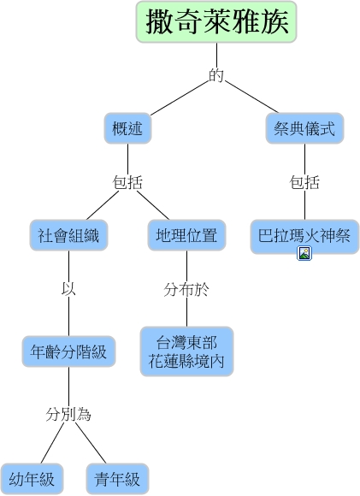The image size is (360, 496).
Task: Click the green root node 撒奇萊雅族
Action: coord(216,22)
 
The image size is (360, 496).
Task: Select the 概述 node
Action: coord(127,128)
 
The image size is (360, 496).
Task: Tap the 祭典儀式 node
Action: coord(304,128)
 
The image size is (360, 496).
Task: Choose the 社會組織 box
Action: coord(69,235)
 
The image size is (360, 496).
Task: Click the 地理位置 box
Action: coord(186,235)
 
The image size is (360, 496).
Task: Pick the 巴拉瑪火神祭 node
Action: coord(304,236)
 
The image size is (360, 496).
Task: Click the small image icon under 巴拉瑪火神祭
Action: coord(304,253)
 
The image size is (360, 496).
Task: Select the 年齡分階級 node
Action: coord(68,351)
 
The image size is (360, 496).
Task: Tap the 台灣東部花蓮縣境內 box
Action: coord(186,351)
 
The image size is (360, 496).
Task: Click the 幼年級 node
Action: coord(32,479)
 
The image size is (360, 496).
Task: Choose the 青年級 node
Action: coord(117,479)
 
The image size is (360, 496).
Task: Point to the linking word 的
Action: coord(216,75)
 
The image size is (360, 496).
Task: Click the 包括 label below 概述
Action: coord(127,182)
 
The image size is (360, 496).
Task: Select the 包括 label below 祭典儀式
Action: coord(304,182)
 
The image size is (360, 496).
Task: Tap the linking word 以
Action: coord(68,289)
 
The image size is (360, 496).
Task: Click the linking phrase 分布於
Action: coord(186,289)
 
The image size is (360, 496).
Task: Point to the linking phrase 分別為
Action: coord(68,414)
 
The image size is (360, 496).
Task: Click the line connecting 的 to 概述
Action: coord(180,98)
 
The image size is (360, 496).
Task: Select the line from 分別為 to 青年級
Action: coord(91,442)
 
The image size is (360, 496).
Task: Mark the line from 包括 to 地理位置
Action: coord(153,205)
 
